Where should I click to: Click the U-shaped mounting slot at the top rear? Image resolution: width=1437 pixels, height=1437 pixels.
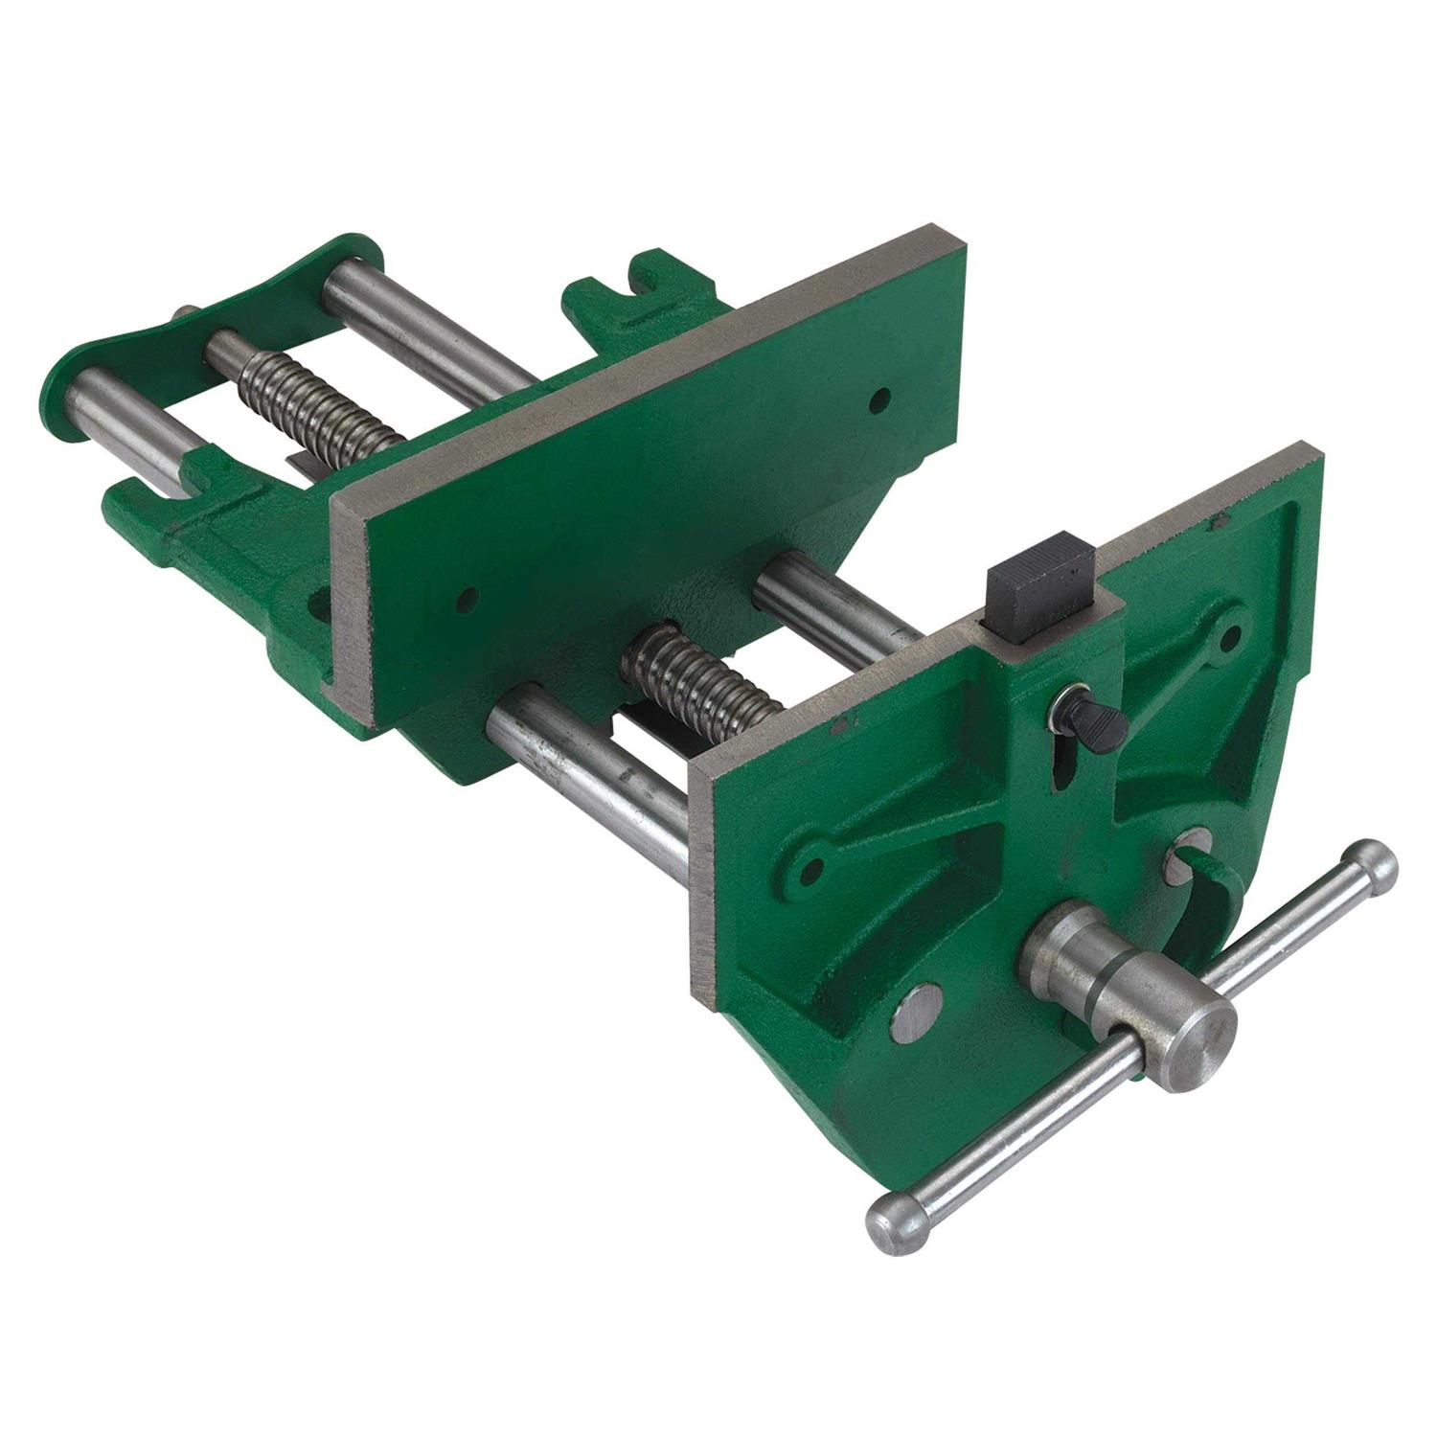(x=651, y=272)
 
